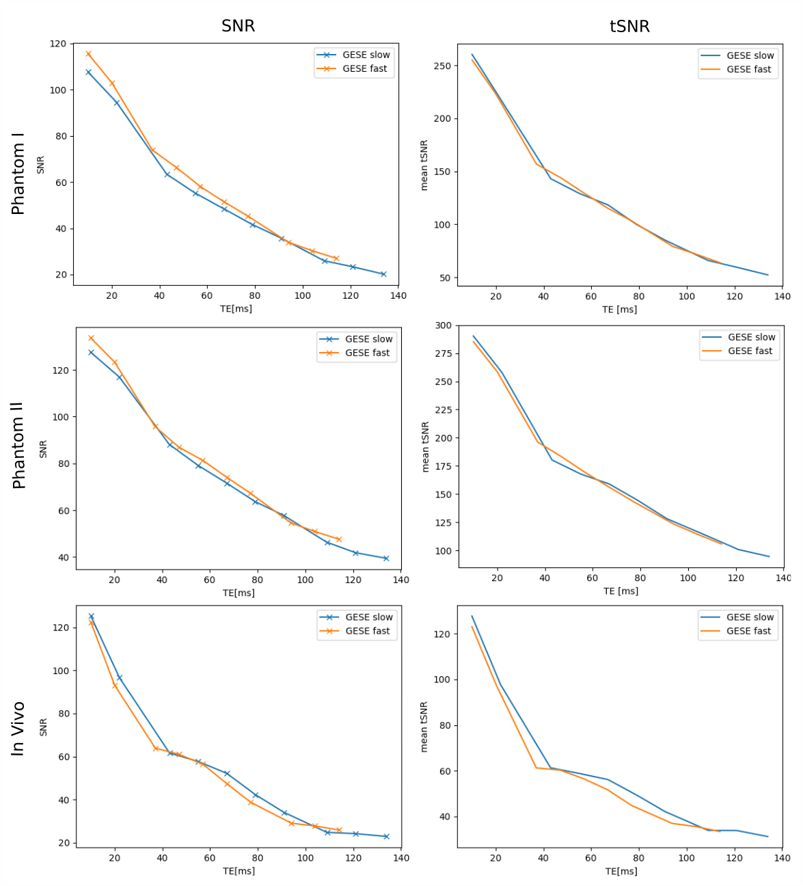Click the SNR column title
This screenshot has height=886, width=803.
click(238, 26)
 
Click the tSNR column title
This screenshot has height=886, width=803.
click(629, 27)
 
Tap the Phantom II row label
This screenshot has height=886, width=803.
click(18, 445)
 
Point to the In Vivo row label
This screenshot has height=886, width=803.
click(18, 729)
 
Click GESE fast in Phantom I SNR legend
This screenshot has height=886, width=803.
click(364, 69)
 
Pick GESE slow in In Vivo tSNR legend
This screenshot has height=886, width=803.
click(750, 617)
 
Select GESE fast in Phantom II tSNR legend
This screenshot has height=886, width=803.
click(750, 351)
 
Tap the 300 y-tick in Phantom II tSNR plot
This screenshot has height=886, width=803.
click(443, 325)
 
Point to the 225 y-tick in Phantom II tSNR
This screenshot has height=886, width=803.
click(443, 410)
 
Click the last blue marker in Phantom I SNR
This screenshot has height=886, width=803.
click(383, 274)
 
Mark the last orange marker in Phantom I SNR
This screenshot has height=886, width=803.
click(336, 258)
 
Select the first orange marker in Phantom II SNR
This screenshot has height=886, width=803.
click(91, 338)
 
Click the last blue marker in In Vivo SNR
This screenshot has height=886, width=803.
click(386, 837)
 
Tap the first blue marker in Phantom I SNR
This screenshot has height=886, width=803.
click(88, 72)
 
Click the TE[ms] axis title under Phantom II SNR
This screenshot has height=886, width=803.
click(239, 593)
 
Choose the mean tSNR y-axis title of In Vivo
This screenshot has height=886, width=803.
click(424, 727)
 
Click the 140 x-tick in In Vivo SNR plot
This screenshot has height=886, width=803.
click(401, 858)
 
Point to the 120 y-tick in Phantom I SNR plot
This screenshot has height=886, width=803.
click(59, 44)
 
